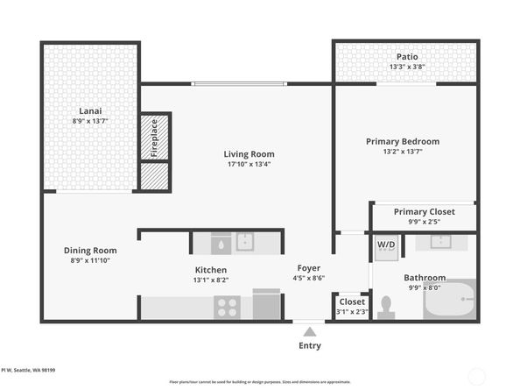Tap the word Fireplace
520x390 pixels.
(x=154, y=137)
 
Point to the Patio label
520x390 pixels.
(x=406, y=55)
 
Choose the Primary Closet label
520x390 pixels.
(x=423, y=211)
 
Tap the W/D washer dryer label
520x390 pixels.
(x=386, y=244)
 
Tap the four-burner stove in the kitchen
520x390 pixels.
(x=228, y=307)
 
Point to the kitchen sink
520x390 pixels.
(x=244, y=242)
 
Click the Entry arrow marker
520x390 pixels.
(x=308, y=330)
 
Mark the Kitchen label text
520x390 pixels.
(x=211, y=269)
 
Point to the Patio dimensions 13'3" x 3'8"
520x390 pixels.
(x=406, y=67)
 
